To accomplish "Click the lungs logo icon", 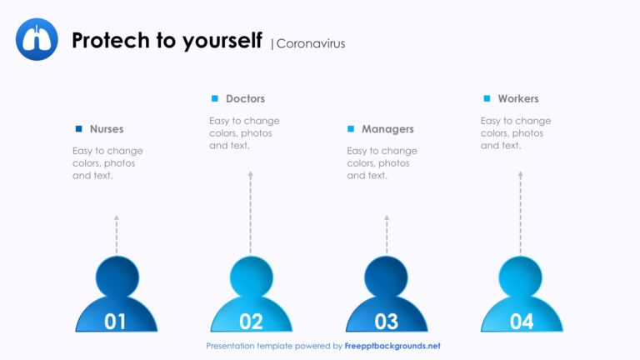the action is coord(37,39).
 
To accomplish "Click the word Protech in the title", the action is coord(111,40).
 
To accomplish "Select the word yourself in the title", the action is coord(222,41).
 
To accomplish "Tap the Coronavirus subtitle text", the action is coord(311,43).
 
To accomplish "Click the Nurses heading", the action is coord(107,129).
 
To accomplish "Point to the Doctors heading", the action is coord(245,99).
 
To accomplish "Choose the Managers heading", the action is coord(387,129).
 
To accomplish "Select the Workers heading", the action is coord(518,99).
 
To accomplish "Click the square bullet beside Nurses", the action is coord(79,129).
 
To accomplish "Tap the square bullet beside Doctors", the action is coord(215,98).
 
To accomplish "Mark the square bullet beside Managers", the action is coord(351,129).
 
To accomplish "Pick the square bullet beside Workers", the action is coord(487,98).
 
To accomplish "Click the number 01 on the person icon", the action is coord(115,321).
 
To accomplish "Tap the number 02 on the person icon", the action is coord(251,321).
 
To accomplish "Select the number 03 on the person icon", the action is coord(387,321).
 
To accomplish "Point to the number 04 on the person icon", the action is coord(522,321).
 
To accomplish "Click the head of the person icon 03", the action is coord(386,277).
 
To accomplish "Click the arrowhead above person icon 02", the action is coord(251,174).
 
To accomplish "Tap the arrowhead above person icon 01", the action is coord(117,218).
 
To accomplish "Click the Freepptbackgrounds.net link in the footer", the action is coord(392,346).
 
